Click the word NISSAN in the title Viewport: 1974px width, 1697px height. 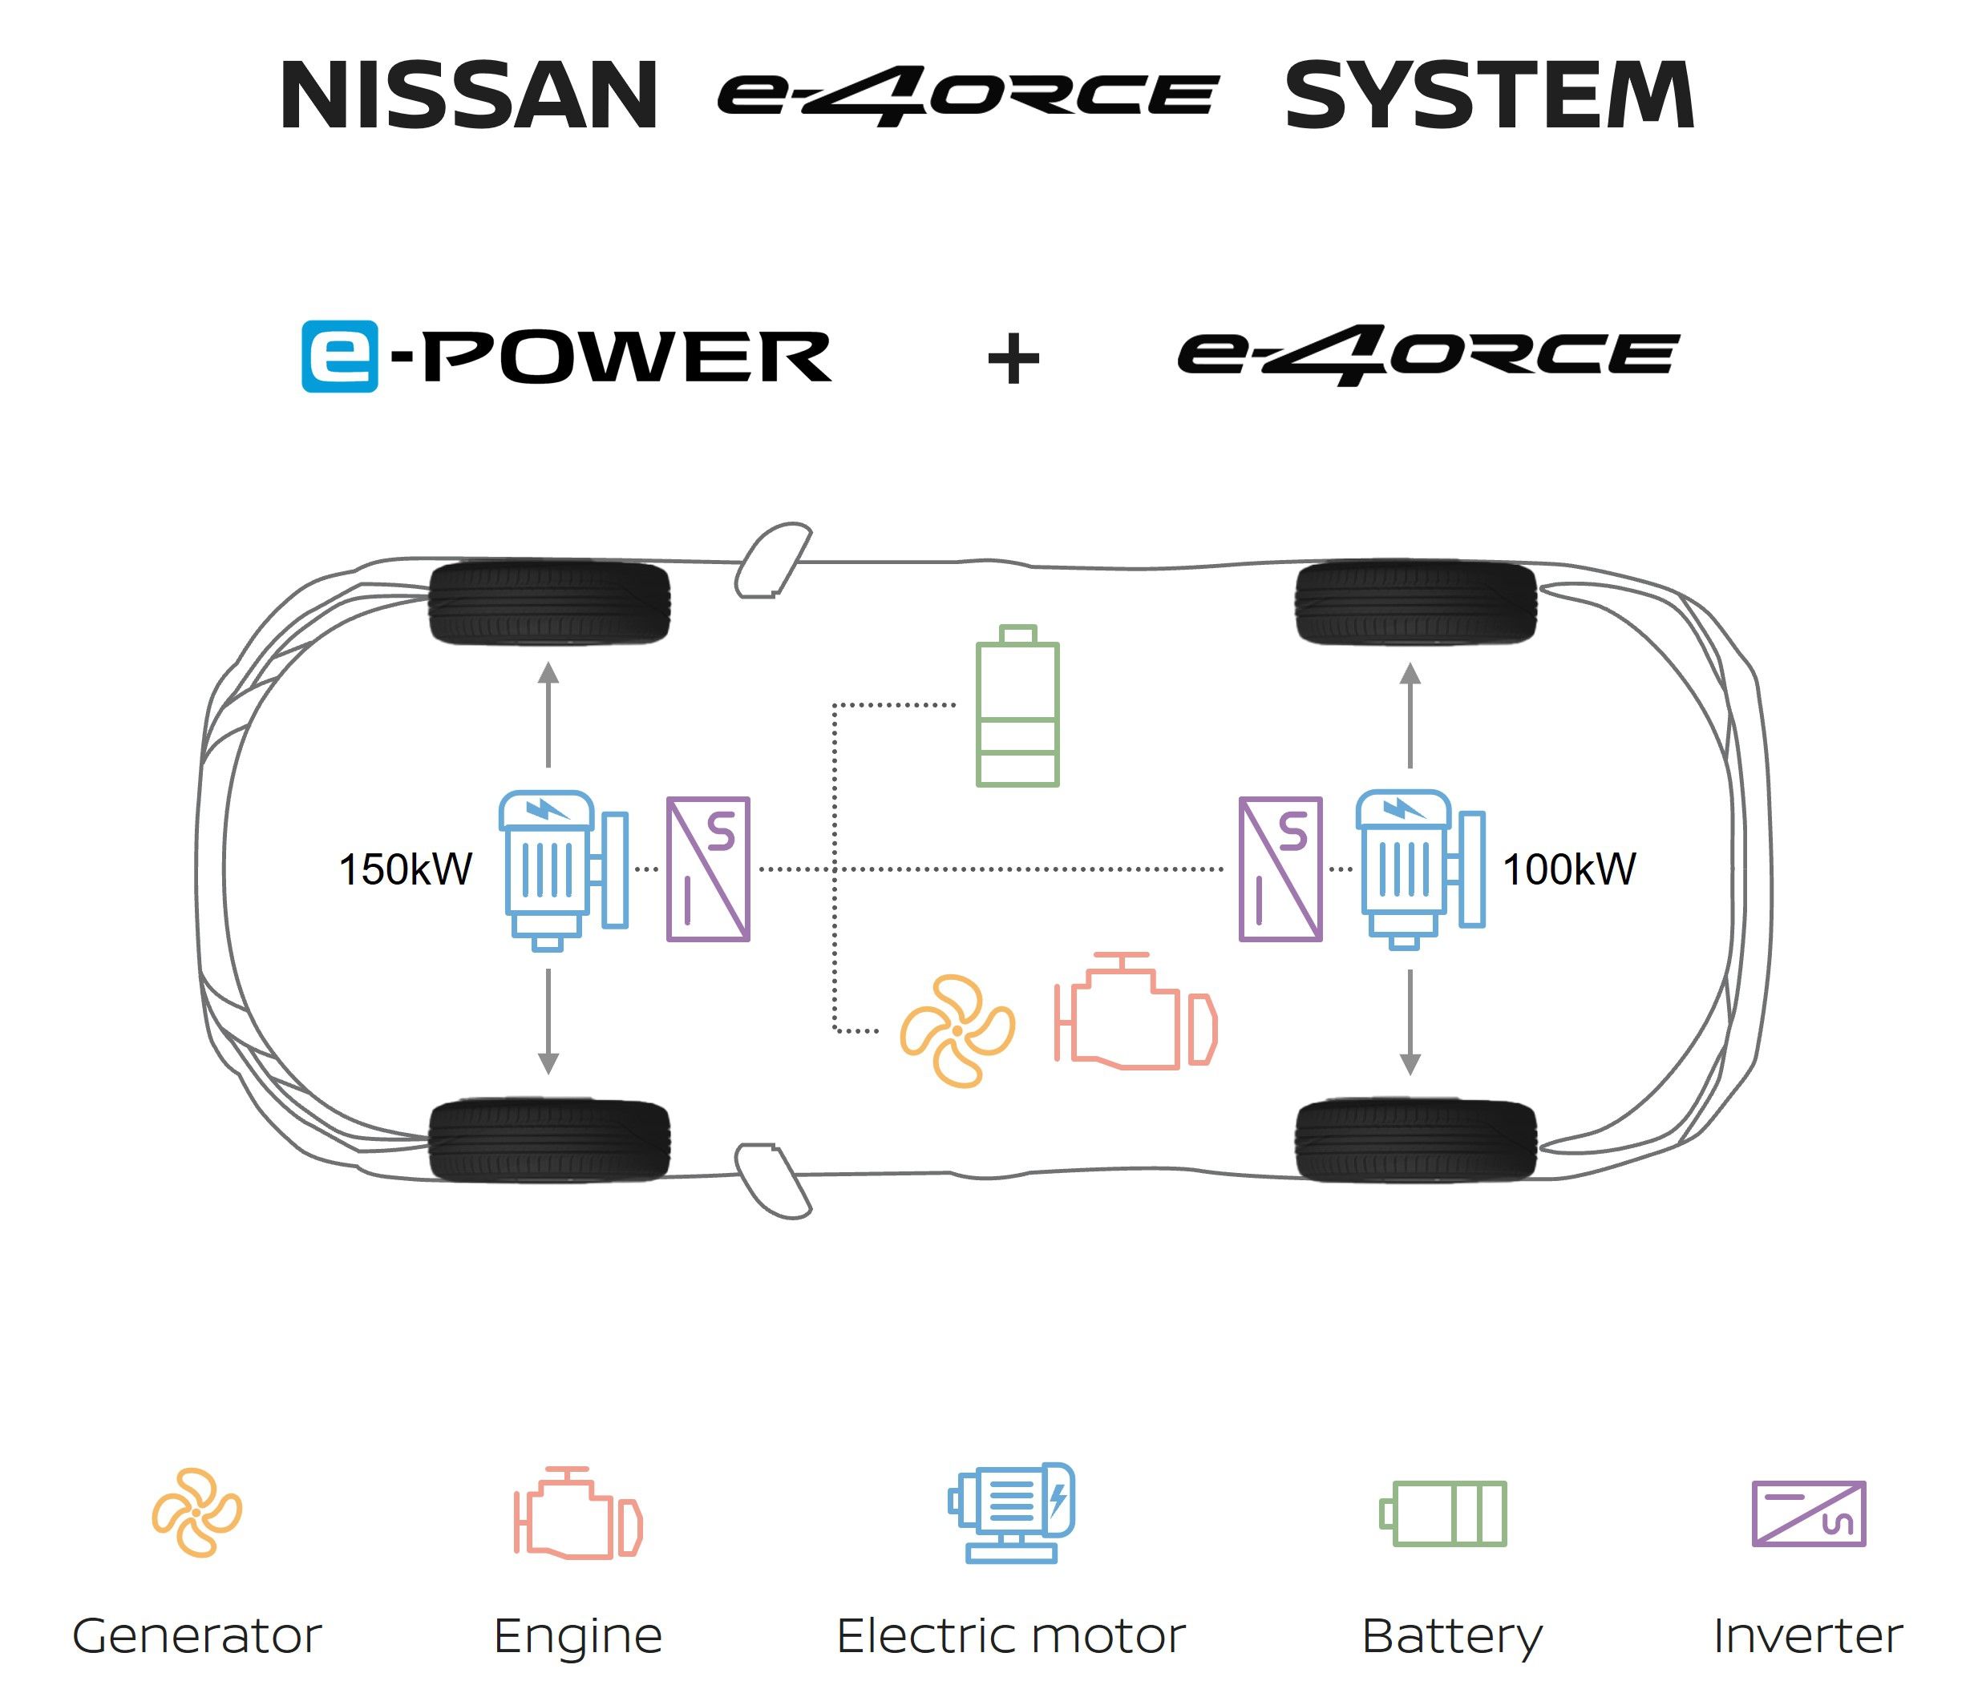469,95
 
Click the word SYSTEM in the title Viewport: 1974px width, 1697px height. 1489,95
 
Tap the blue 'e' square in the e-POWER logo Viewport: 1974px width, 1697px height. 339,357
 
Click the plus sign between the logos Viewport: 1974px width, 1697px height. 1013,359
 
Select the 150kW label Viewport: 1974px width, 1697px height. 405,869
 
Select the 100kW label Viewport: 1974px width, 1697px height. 1569,869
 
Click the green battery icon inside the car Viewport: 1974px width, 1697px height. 1017,707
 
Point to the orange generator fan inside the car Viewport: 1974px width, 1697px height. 957,1030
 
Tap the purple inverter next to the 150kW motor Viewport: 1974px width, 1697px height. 708,869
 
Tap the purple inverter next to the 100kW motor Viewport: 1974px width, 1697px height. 1280,869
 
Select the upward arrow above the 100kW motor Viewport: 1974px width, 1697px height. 1410,714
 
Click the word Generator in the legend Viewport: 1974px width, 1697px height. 197,1636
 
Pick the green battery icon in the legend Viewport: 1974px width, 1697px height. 1443,1514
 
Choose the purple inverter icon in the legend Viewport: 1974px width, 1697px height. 1808,1514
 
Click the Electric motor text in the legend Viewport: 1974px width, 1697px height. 1011,1636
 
